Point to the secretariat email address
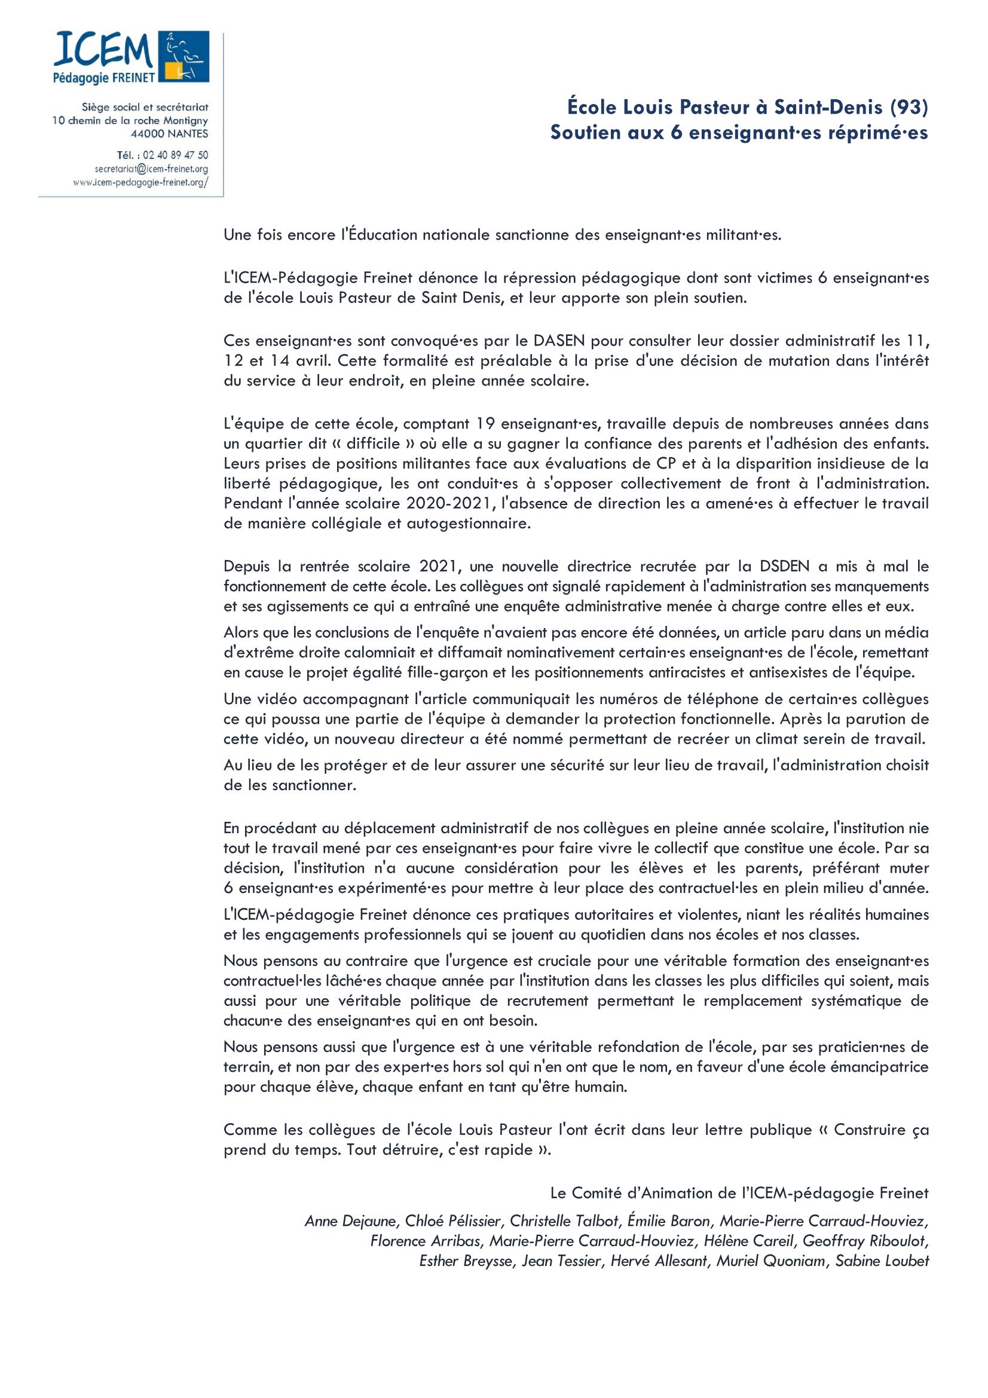click(151, 169)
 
